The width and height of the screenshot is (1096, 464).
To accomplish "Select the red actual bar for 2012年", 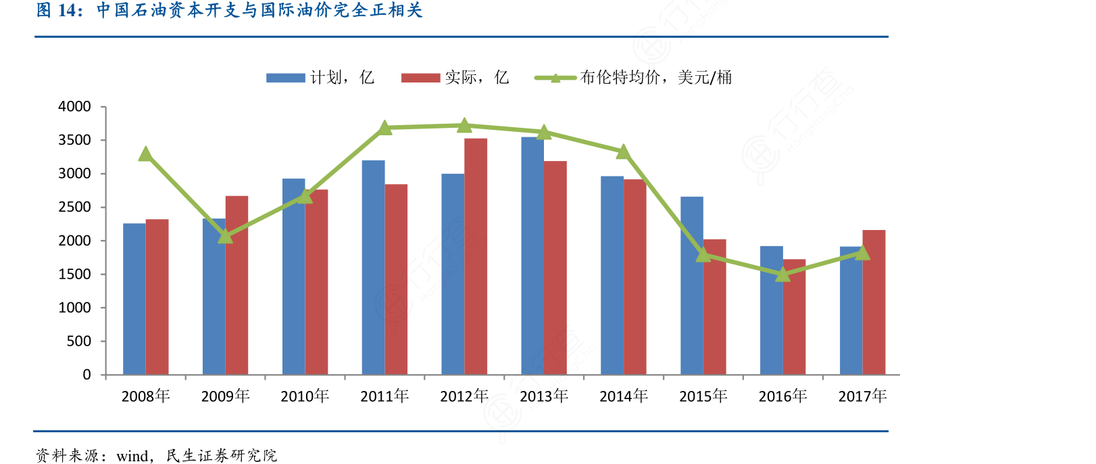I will tap(476, 256).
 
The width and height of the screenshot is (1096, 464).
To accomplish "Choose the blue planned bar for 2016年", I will tap(771, 310).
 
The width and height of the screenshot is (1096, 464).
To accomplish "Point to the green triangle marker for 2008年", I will tap(145, 154).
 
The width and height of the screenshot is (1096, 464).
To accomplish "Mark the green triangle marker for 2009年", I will tap(225, 236).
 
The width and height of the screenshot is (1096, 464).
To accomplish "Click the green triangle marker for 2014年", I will tap(624, 152).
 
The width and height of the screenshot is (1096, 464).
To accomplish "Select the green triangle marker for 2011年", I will tap(384, 128).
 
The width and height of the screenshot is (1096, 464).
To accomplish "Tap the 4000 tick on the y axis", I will tap(74, 107).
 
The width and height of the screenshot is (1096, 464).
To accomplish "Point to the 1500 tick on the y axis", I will tap(74, 274).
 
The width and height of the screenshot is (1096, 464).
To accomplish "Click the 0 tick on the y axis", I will tap(86, 375).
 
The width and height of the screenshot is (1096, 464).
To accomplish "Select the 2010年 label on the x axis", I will tap(305, 396).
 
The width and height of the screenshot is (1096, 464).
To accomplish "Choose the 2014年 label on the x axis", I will tap(624, 396).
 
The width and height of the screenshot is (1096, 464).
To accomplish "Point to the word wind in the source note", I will tap(132, 456).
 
